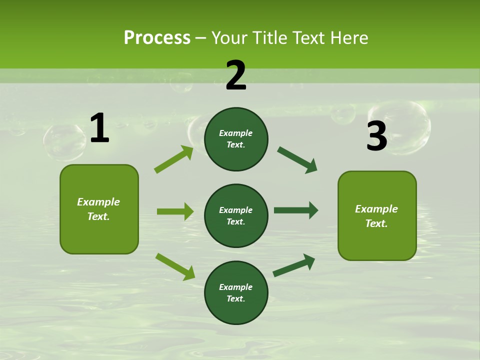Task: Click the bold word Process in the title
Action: pyautogui.click(x=157, y=38)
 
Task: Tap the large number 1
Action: pyautogui.click(x=99, y=128)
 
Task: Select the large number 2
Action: pyautogui.click(x=236, y=75)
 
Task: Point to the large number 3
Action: pyautogui.click(x=376, y=136)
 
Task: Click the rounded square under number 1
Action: pyautogui.click(x=99, y=209)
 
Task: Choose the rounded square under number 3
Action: pyautogui.click(x=377, y=215)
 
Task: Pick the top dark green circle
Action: pyautogui.click(x=236, y=139)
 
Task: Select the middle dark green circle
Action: pyautogui.click(x=236, y=215)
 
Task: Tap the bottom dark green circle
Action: pyautogui.click(x=236, y=292)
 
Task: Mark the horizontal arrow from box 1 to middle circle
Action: pyautogui.click(x=175, y=211)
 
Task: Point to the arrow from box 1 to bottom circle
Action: pyautogui.click(x=175, y=266)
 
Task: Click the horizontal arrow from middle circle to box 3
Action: pyautogui.click(x=296, y=210)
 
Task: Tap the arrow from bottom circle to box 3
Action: pyautogui.click(x=294, y=265)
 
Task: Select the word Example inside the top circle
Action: pyautogui.click(x=236, y=133)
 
